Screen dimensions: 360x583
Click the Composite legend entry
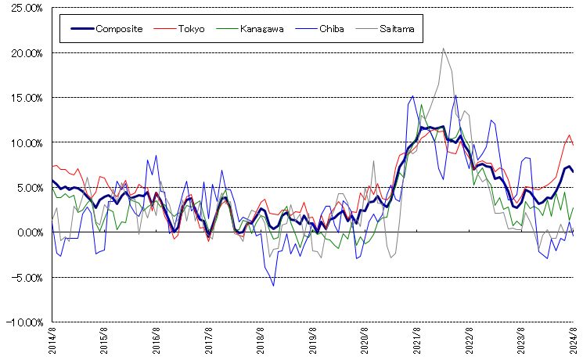[118, 29]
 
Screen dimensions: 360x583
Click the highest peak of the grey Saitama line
[444, 48]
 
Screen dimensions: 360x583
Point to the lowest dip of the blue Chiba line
[273, 286]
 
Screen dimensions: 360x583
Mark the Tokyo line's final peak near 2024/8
[569, 135]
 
